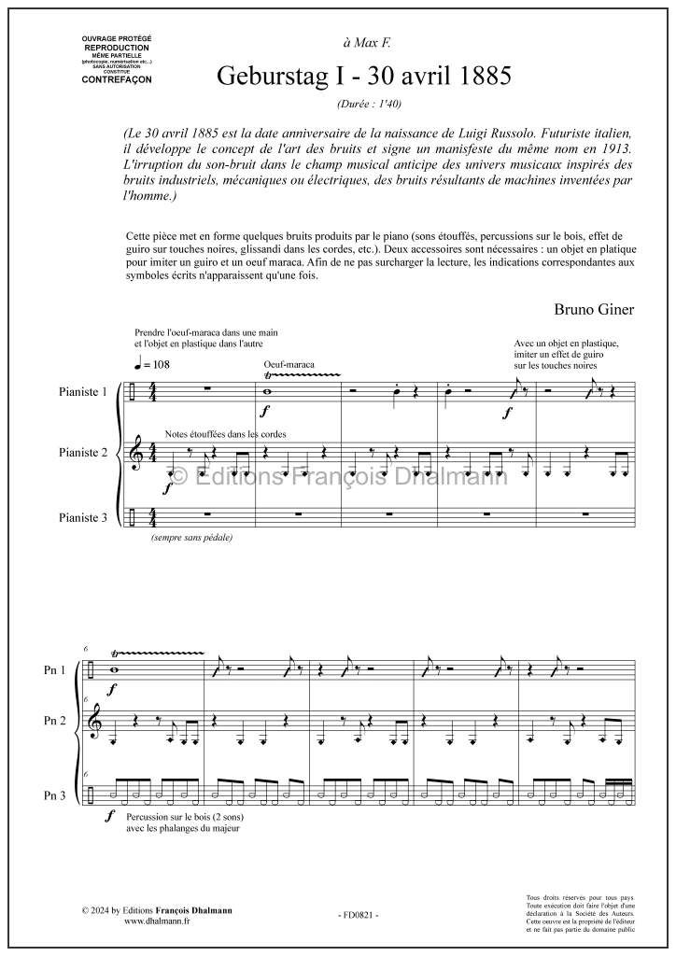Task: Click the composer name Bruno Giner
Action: click(x=594, y=309)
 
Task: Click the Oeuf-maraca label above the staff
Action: click(x=289, y=365)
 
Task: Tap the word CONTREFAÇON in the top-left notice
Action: click(x=117, y=79)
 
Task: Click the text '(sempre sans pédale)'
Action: click(x=190, y=538)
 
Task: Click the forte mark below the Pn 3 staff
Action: click(x=111, y=815)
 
